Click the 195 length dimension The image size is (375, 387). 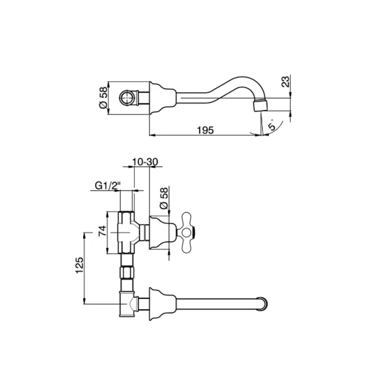coord(205,130)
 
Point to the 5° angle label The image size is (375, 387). coord(272,125)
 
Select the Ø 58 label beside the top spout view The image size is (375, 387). coord(102,98)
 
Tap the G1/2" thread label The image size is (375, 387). coord(107,185)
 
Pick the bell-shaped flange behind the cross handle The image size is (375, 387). coord(160,233)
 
